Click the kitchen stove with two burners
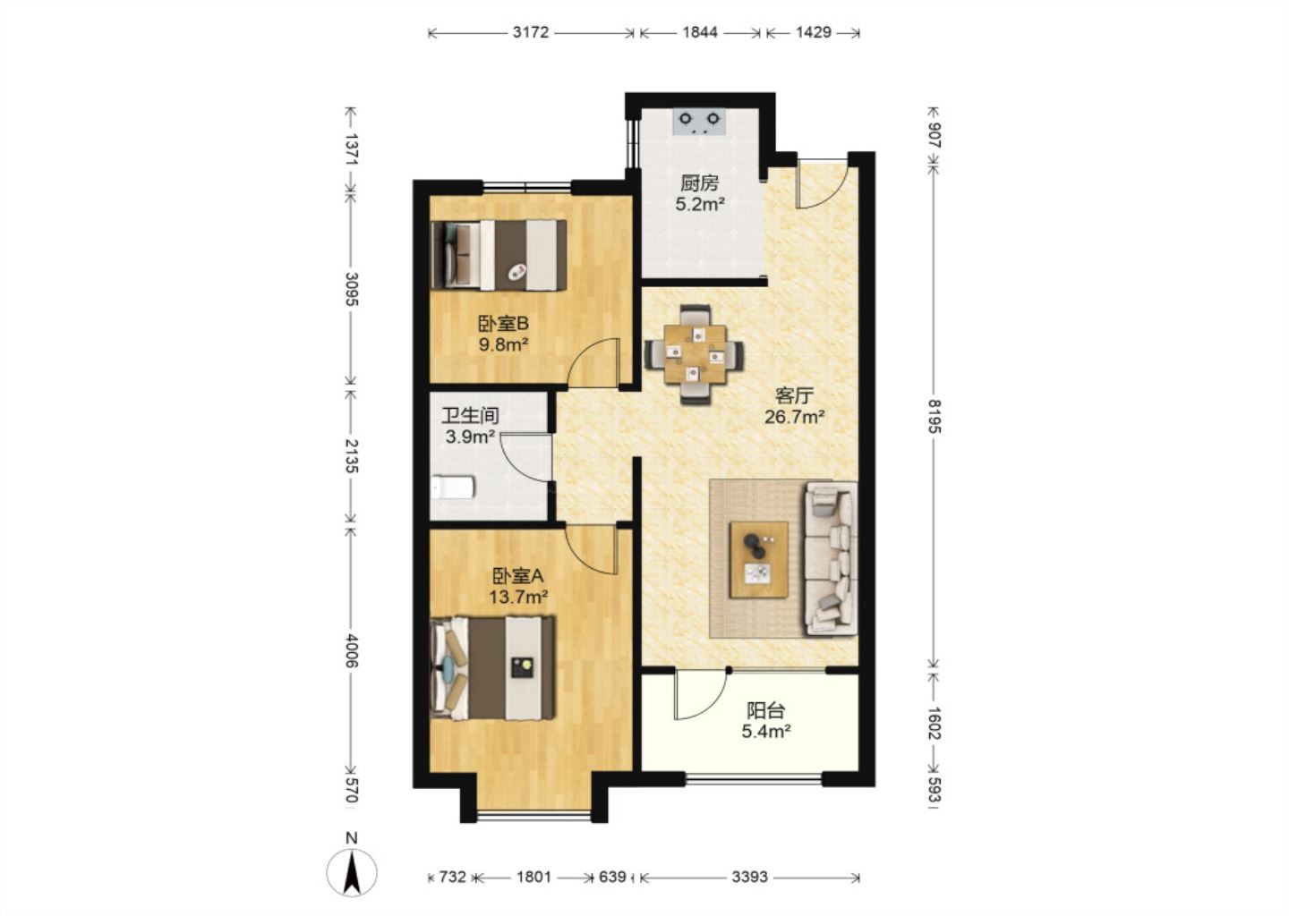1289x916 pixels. (x=699, y=122)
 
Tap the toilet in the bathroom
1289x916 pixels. (x=452, y=488)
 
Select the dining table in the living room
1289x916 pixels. (x=695, y=354)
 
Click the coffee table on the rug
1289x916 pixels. (x=759, y=559)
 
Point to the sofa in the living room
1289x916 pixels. (x=832, y=558)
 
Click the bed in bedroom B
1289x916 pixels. (x=499, y=255)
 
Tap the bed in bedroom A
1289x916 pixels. (x=493, y=668)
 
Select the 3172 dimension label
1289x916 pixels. (x=531, y=33)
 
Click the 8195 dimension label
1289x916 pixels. (x=934, y=416)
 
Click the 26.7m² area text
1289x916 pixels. (x=795, y=417)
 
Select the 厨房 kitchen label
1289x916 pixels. (x=700, y=183)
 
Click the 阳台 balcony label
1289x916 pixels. (x=765, y=711)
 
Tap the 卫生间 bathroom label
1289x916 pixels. (x=470, y=415)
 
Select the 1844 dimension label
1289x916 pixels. (x=700, y=33)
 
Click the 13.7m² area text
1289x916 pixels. (x=518, y=598)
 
